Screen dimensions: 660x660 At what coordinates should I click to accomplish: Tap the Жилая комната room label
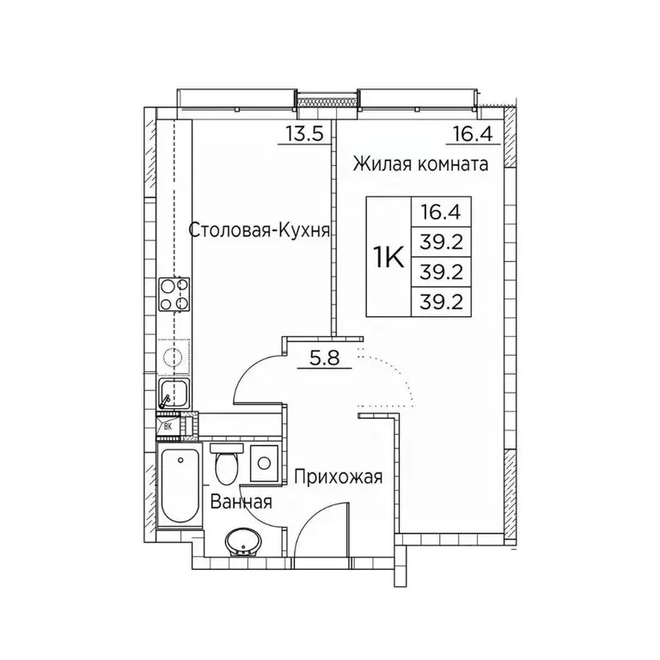pyautogui.click(x=420, y=165)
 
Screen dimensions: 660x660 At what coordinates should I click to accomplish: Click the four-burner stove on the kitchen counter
pyautogui.click(x=174, y=294)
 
